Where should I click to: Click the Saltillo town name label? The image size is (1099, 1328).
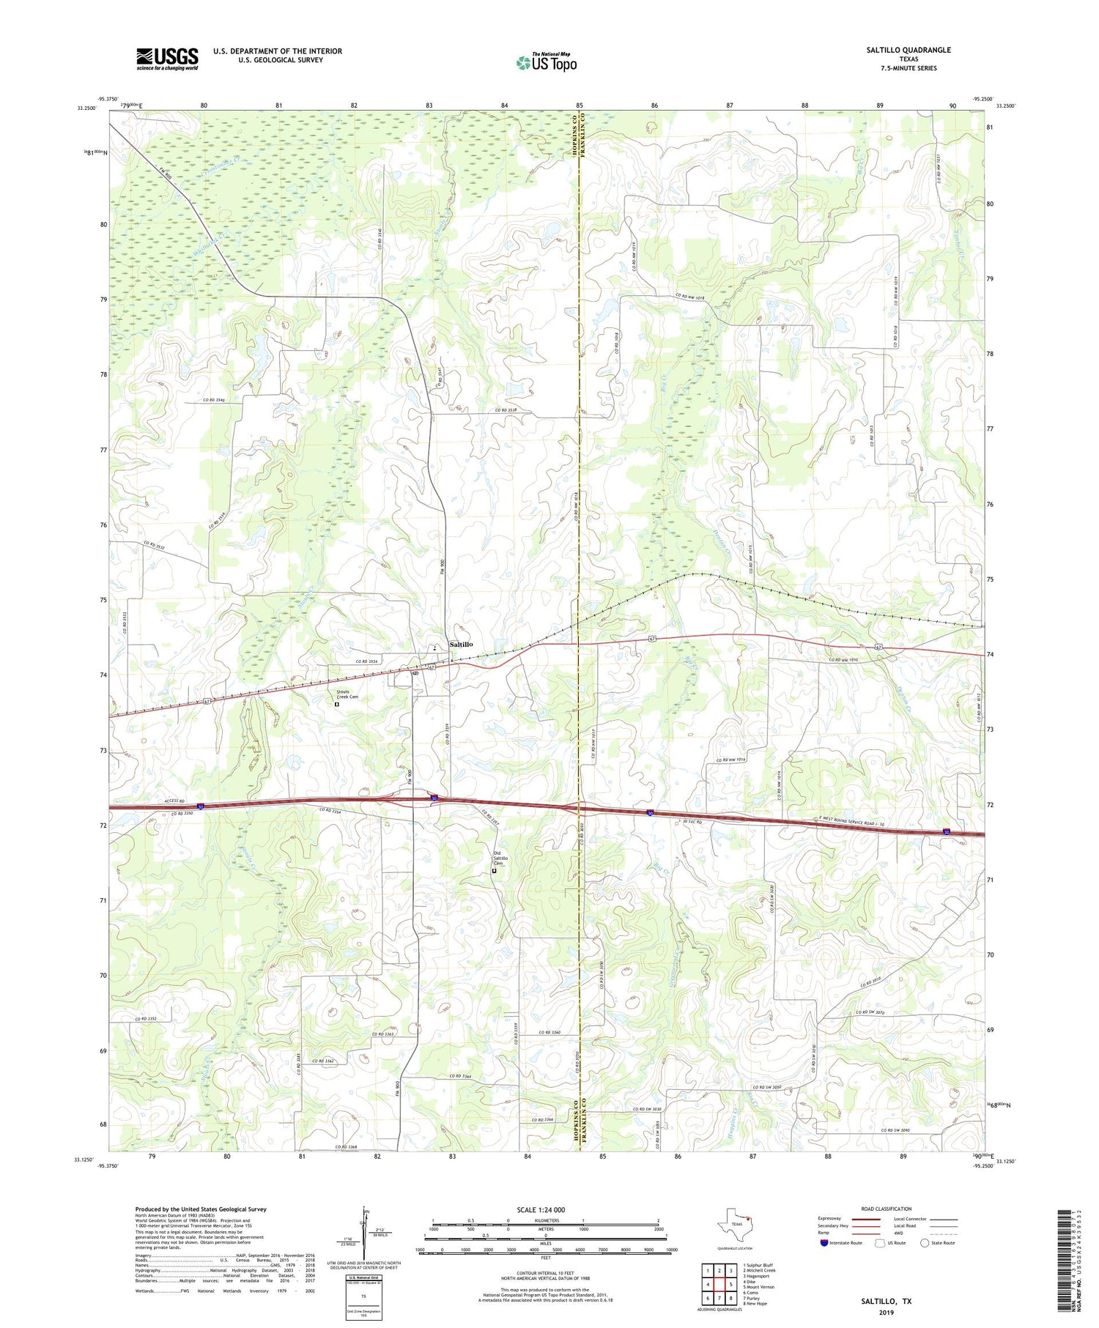tap(461, 644)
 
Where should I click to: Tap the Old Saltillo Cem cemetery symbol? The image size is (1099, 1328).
tap(494, 871)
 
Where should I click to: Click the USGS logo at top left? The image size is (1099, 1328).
tap(167, 59)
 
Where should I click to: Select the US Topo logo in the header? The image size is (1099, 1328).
tap(547, 63)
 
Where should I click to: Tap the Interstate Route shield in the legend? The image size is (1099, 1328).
tap(824, 1243)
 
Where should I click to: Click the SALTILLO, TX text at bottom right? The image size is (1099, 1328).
tap(886, 1302)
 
